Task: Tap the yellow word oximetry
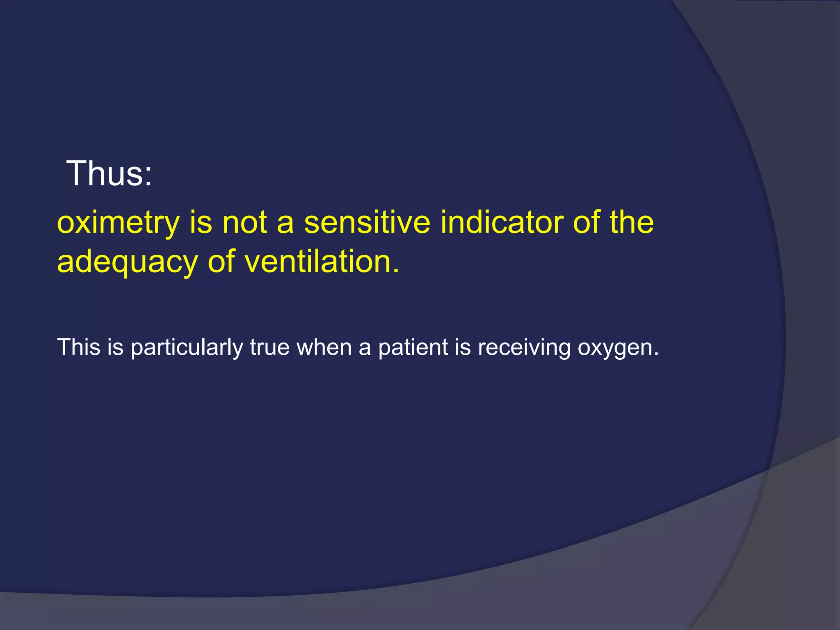tap(118, 224)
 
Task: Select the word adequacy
tap(127, 263)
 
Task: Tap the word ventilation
tap(318, 262)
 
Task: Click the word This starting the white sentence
tap(79, 347)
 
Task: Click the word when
tap(324, 347)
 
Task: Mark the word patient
tap(413, 348)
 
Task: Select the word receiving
tap(524, 348)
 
